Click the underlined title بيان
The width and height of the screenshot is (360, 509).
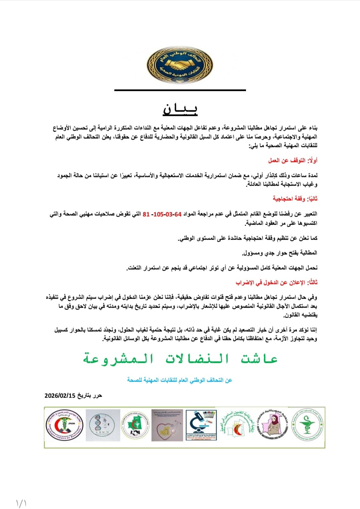tap(180, 109)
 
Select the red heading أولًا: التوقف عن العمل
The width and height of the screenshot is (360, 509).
tap(293, 160)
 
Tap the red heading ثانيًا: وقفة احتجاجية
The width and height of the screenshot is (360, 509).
tap(295, 199)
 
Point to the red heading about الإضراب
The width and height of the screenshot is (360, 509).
tap(276, 282)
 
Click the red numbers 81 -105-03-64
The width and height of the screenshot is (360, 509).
tap(162, 214)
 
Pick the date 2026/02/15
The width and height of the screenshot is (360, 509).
tap(60, 396)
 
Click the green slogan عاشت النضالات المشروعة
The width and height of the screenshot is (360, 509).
tap(180, 359)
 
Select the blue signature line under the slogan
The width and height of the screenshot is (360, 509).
tap(180, 380)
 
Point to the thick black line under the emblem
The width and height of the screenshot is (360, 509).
tap(180, 90)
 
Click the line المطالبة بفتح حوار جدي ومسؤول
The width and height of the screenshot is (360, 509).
tap(280, 253)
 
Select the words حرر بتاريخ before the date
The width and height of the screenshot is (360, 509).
tap(90, 396)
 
